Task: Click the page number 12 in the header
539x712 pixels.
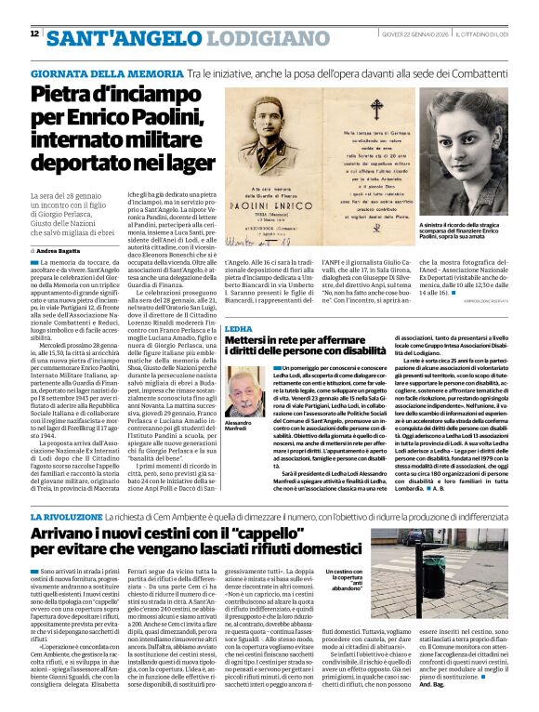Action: click(34, 34)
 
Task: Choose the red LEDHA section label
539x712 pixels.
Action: click(238, 329)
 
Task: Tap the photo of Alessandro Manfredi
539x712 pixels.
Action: click(243, 389)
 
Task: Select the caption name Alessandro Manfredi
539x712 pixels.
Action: click(243, 427)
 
